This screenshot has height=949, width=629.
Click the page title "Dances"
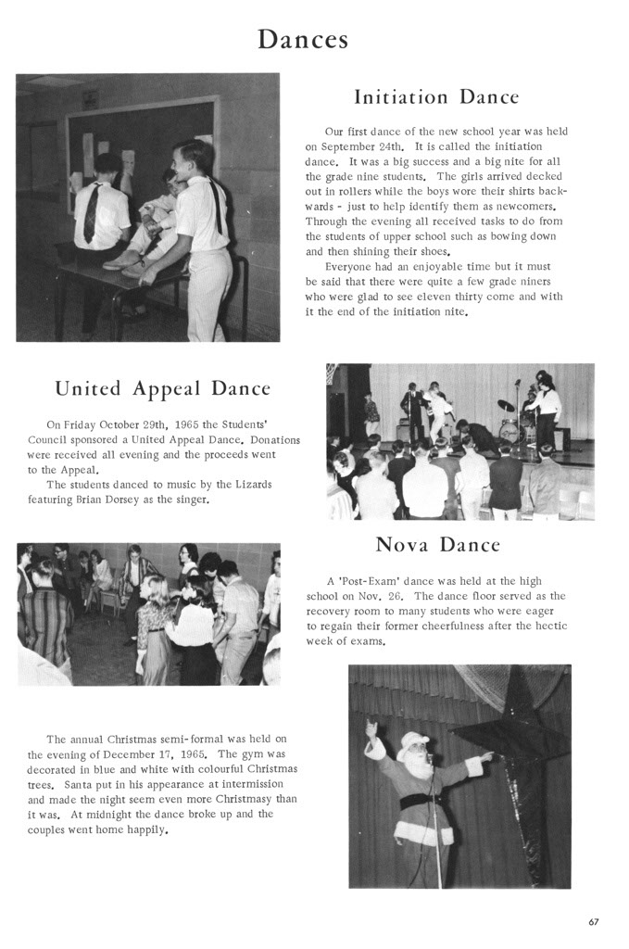pyautogui.click(x=303, y=39)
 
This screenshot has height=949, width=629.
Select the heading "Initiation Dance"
pyautogui.click(x=436, y=97)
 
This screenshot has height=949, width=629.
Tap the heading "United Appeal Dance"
pyautogui.click(x=163, y=388)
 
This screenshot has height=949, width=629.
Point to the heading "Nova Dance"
pyautogui.click(x=438, y=544)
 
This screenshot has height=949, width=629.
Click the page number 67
pyautogui.click(x=593, y=921)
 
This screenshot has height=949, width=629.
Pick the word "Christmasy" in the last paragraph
pyautogui.click(x=240, y=799)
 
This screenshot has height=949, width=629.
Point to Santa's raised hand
pyautogui.click(x=371, y=728)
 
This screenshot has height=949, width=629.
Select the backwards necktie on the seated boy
pyautogui.click(x=91, y=212)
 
